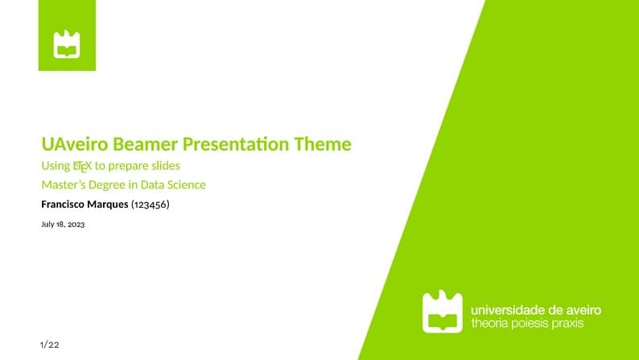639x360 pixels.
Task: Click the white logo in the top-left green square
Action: [67, 44]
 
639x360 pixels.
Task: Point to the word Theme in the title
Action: [323, 145]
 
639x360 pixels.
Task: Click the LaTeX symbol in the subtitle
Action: [81, 166]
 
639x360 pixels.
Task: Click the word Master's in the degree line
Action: [66, 185]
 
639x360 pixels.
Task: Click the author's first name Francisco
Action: [64, 205]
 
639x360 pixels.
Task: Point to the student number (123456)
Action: [150, 205]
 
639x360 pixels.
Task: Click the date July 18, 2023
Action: [63, 225]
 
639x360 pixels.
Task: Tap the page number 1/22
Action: [50, 345]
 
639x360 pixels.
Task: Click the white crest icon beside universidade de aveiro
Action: [443, 312]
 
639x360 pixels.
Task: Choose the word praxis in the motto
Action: [566, 324]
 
